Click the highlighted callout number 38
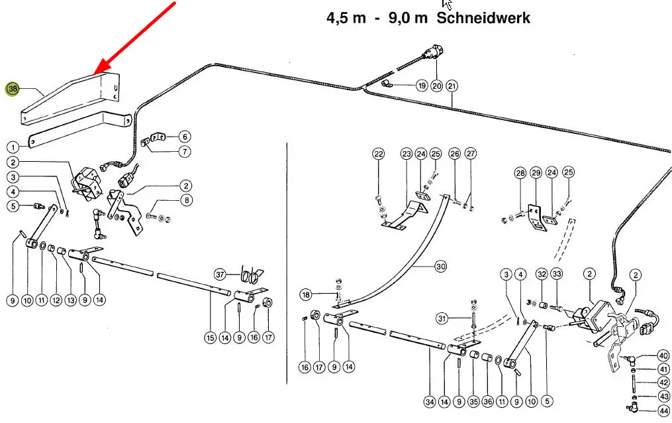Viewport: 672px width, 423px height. (13, 89)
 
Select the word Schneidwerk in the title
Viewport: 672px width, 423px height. (483, 18)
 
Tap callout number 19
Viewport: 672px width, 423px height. (422, 86)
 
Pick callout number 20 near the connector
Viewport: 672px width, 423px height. (437, 86)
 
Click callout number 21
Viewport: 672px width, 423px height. (452, 86)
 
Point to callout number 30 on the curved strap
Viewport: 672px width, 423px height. (441, 267)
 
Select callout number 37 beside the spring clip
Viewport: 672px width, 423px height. (221, 274)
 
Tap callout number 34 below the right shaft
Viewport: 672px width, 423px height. (430, 401)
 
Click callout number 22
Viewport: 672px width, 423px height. (378, 154)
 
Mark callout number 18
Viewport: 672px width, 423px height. (305, 294)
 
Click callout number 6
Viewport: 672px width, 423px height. (185, 137)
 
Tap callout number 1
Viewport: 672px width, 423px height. (13, 147)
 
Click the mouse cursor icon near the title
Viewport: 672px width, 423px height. (446, 5)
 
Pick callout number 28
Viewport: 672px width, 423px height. (520, 173)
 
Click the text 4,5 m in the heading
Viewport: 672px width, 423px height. (346, 18)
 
